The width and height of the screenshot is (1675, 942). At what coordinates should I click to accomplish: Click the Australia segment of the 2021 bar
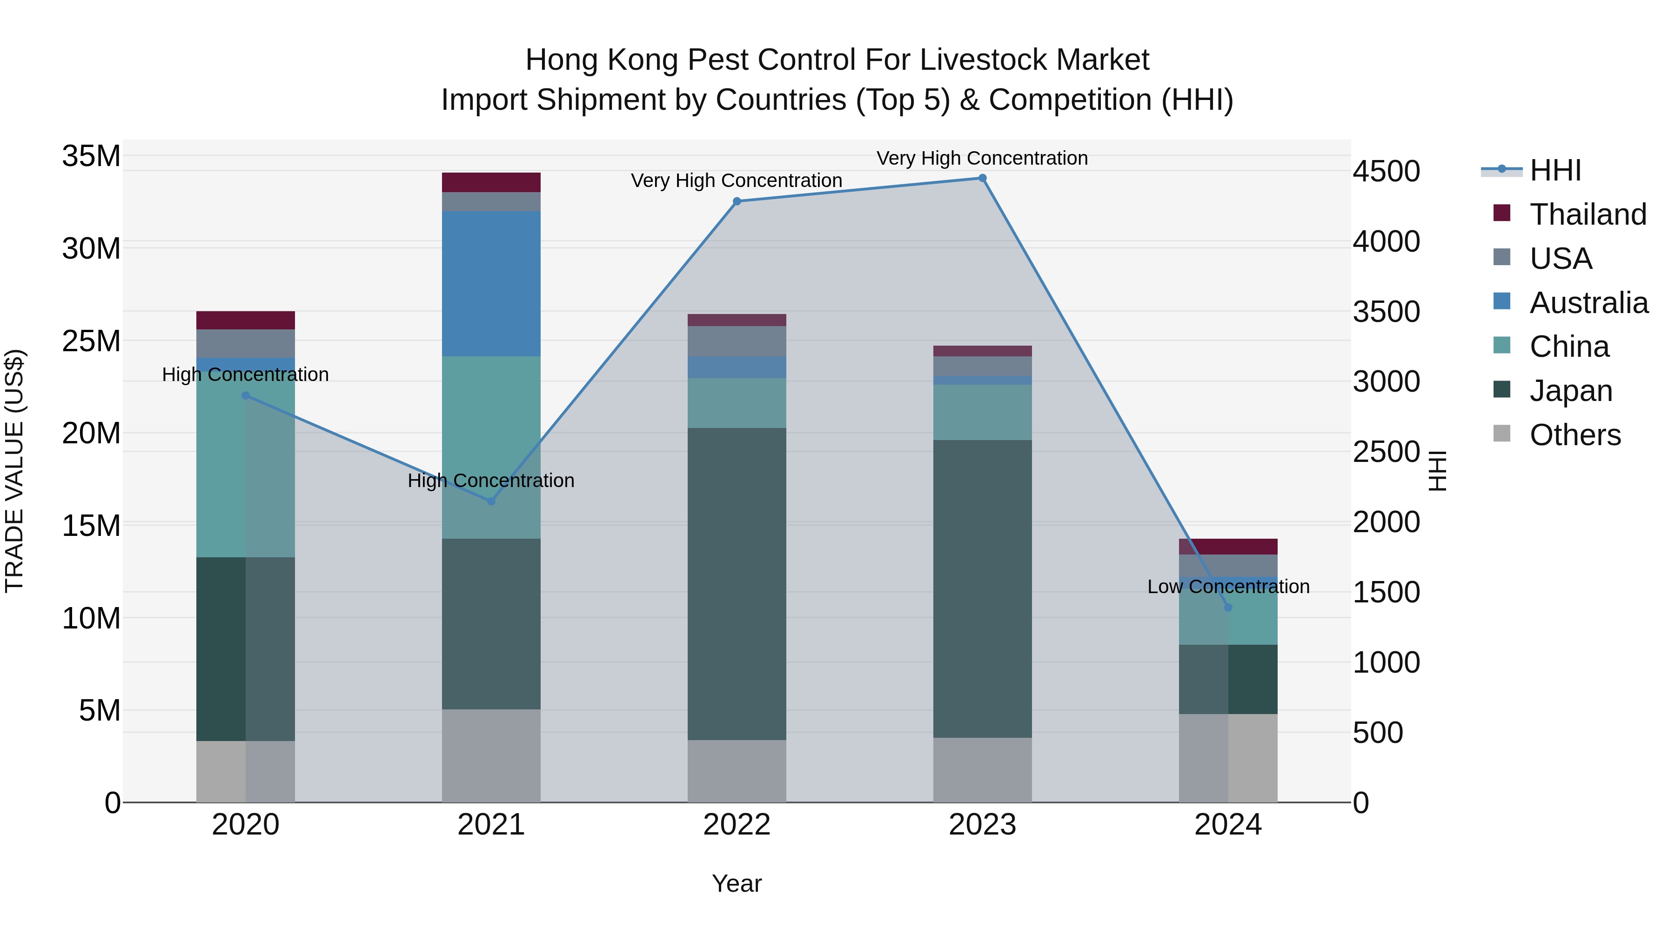(x=491, y=283)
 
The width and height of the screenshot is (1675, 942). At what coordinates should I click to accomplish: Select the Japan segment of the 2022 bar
(x=737, y=583)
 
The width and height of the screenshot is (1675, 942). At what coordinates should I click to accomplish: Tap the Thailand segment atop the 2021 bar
(x=491, y=182)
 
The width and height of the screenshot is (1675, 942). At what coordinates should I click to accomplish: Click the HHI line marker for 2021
(x=491, y=501)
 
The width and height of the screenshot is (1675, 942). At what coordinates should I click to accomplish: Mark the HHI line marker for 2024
(x=1228, y=607)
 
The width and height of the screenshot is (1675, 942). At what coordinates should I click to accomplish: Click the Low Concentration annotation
(x=1228, y=587)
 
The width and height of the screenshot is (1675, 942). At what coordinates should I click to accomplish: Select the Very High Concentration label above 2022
(x=736, y=181)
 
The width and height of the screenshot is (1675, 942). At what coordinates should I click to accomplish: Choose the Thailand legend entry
(x=1587, y=214)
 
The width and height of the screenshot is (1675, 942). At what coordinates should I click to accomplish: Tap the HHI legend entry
(x=1554, y=170)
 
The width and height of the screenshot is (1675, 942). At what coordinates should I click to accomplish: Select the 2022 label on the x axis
(x=737, y=825)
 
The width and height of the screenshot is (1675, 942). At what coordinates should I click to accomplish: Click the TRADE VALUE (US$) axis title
(x=14, y=471)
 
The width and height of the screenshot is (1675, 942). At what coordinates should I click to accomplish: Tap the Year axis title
(x=736, y=883)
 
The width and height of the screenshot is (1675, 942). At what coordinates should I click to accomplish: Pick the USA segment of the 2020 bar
(x=245, y=343)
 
